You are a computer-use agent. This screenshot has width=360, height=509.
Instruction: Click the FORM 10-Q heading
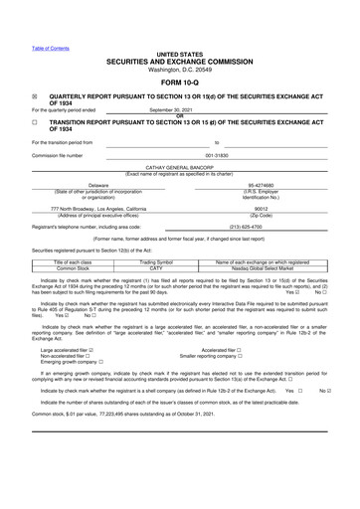pyautogui.click(x=179, y=83)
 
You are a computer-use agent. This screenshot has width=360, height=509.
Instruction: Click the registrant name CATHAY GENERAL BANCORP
pyautogui.click(x=179, y=169)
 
